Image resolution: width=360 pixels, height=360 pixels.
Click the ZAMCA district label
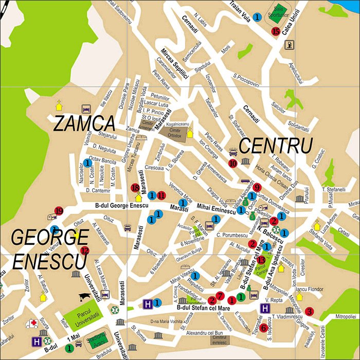pos(84,124)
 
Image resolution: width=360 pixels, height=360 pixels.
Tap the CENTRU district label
pos(276,146)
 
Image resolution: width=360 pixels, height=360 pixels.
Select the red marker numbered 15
pos(276,31)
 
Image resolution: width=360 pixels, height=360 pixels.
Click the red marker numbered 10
pos(233,163)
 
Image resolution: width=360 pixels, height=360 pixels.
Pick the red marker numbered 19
pos(59,211)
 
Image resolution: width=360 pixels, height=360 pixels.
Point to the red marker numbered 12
pos(85,250)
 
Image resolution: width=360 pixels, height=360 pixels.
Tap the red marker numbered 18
pos(135,188)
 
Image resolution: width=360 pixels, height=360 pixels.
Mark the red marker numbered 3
pos(309,311)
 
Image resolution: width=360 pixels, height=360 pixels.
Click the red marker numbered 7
pos(220,295)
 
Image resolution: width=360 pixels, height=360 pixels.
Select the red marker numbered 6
pos(263,328)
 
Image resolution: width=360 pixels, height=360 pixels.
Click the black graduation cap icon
pos(84,297)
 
